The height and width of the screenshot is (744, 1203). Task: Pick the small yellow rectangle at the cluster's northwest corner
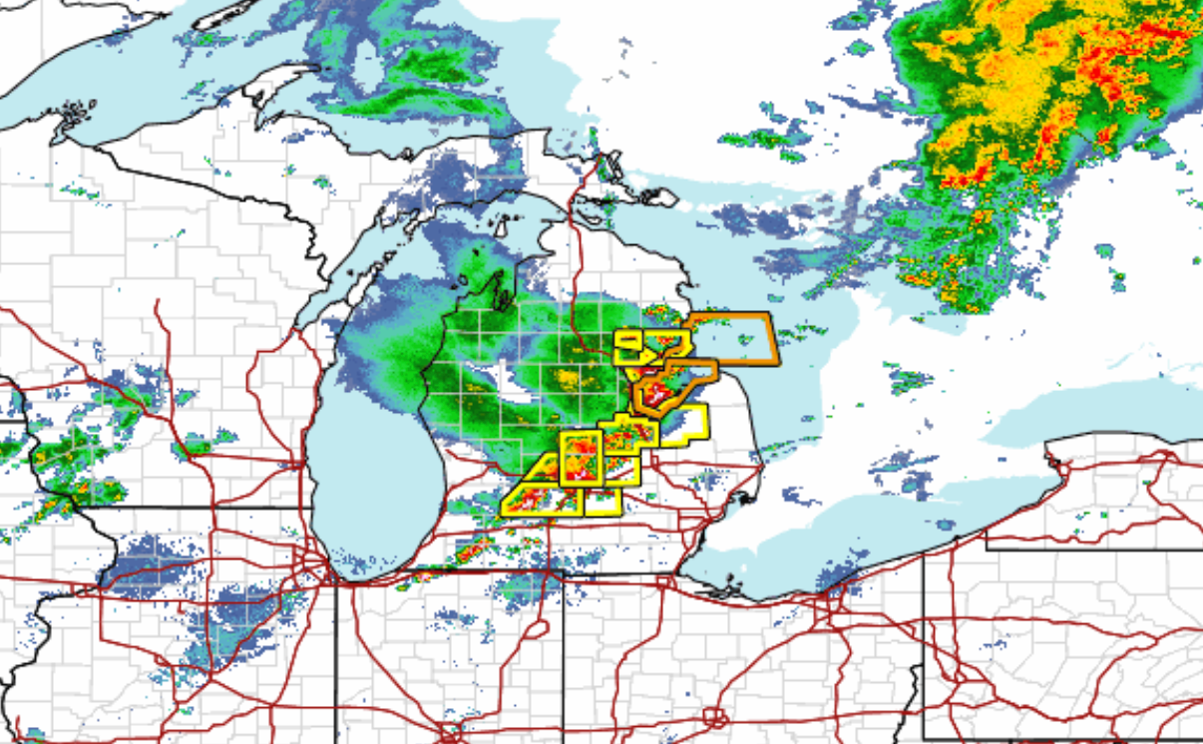[628, 340]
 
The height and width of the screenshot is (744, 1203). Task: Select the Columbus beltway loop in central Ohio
[714, 716]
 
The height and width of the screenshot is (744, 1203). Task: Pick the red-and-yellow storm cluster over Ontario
[1027, 120]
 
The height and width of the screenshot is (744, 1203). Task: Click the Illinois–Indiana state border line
[336, 658]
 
